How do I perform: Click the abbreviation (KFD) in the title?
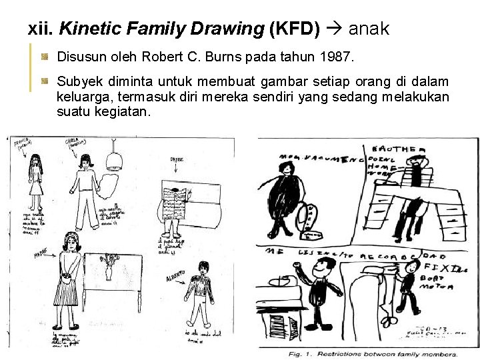pyautogui.click(x=295, y=29)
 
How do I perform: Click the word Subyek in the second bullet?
pyautogui.click(x=77, y=81)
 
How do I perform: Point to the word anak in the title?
pyautogui.click(x=369, y=29)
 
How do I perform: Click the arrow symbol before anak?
pyautogui.click(x=334, y=29)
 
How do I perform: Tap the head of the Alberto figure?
pyautogui.click(x=201, y=268)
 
